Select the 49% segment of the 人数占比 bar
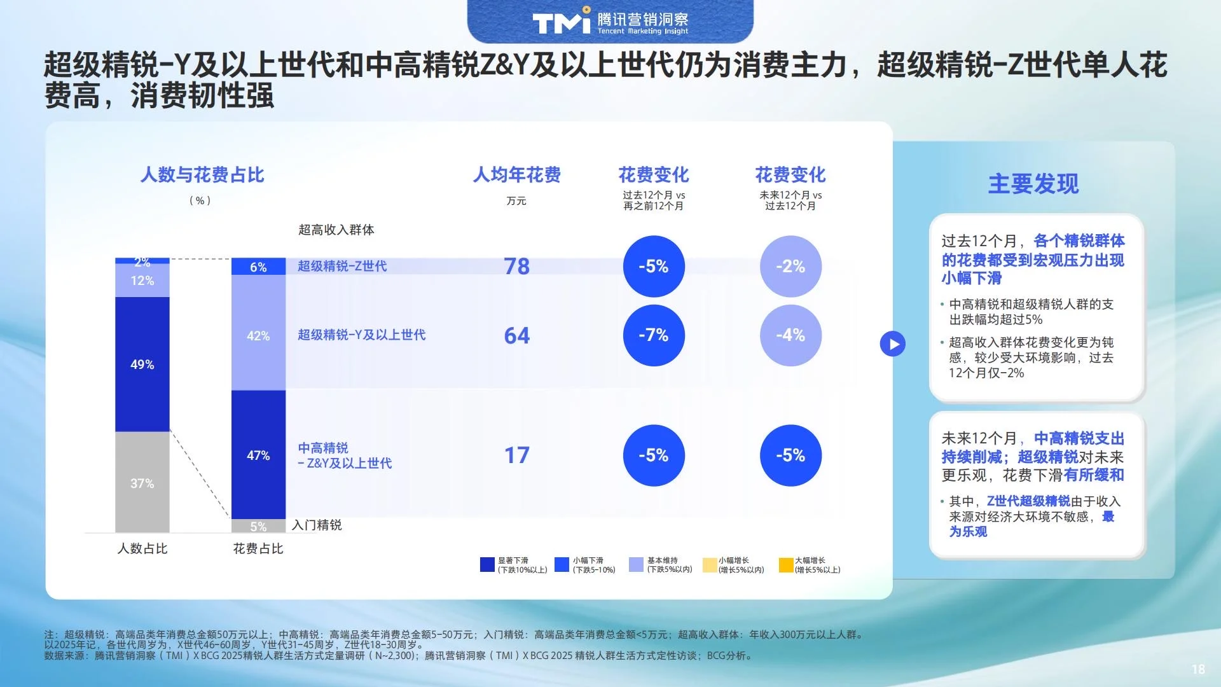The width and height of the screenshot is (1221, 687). [142, 364]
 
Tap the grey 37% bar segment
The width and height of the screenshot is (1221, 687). [142, 483]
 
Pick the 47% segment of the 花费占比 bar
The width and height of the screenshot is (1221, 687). [258, 455]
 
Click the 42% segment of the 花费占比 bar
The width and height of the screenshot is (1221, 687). [258, 335]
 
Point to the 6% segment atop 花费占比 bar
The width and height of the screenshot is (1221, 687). [258, 267]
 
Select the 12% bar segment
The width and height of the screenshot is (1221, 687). [142, 281]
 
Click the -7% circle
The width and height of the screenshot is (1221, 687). [654, 335]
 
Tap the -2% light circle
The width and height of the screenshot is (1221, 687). [790, 267]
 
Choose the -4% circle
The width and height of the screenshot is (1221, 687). [790, 335]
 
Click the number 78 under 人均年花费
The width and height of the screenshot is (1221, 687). [516, 267]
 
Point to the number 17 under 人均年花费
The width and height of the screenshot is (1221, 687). [516, 455]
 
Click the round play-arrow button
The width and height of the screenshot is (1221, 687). [893, 344]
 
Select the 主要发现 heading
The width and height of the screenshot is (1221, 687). [1033, 184]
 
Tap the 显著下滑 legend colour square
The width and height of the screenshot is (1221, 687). [487, 565]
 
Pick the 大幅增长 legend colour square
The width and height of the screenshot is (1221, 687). [786, 565]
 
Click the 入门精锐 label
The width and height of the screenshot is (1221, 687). [317, 525]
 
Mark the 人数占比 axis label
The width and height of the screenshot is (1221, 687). [142, 548]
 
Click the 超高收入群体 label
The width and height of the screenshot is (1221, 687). [336, 230]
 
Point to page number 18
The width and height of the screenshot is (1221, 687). [1198, 669]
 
